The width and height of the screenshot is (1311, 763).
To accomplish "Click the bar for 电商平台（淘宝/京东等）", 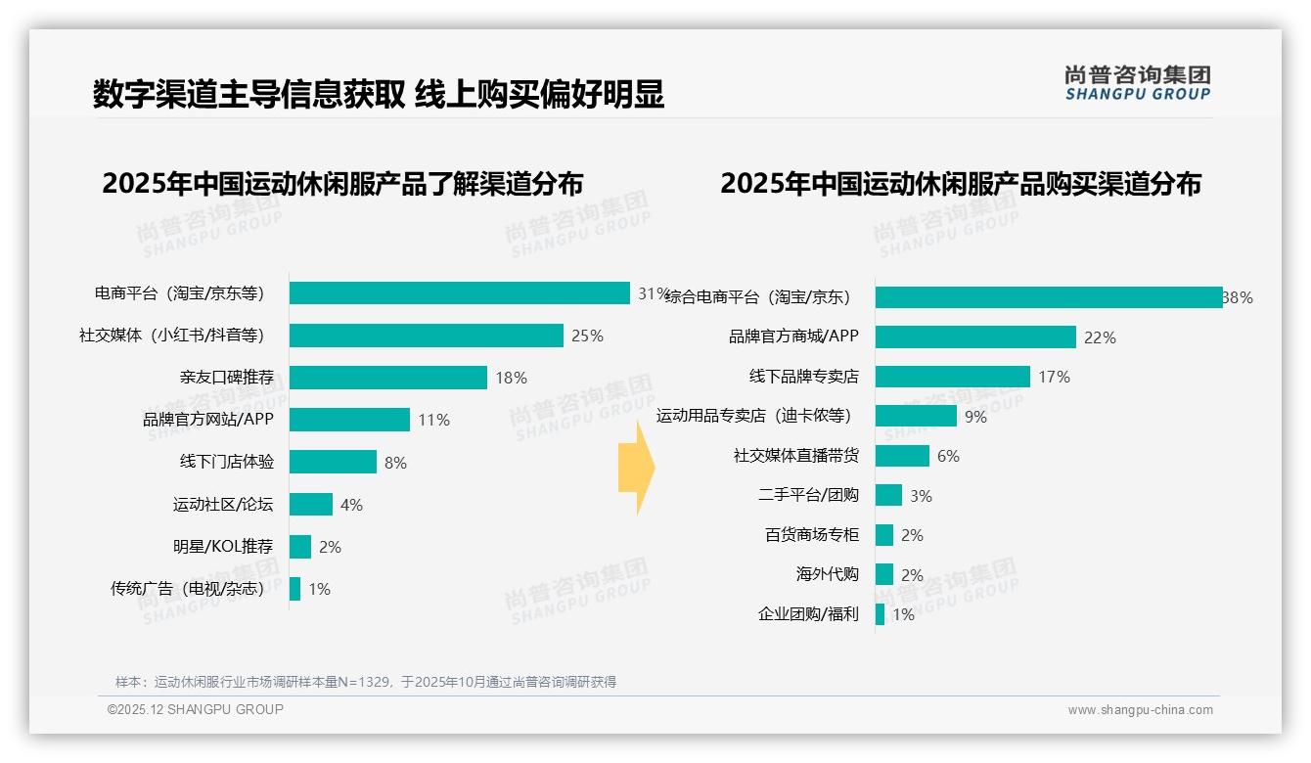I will (x=459, y=293).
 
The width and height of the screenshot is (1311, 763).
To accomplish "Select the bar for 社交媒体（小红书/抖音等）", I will (x=427, y=336).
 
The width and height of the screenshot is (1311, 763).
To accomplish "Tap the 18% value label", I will (x=511, y=378).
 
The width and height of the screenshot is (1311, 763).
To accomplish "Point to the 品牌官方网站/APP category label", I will (x=208, y=420).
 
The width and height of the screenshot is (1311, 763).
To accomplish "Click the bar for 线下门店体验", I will (x=333, y=462).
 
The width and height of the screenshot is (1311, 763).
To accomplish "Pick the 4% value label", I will (x=351, y=505).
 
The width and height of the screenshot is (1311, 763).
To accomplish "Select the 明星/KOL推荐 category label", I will (x=223, y=546).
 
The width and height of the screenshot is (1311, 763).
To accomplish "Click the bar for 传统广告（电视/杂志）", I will (x=294, y=589).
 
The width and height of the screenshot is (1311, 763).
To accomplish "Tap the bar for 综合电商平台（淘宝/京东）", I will (x=1048, y=297).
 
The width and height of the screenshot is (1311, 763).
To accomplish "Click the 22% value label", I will (x=1100, y=337).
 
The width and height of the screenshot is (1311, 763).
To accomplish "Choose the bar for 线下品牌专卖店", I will (x=952, y=377).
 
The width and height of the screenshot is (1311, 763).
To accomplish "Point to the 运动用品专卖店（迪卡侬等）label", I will (x=753, y=416).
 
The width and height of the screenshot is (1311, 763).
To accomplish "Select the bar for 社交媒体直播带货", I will (x=902, y=456).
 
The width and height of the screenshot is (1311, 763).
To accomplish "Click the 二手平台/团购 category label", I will (x=808, y=495).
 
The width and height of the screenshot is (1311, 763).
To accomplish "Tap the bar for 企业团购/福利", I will (x=880, y=614).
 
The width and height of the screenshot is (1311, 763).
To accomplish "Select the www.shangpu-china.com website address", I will (x=1140, y=710).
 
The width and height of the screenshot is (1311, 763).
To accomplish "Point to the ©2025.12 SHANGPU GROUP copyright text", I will (x=196, y=709).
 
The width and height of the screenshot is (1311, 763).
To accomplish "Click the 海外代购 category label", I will (x=827, y=574).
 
